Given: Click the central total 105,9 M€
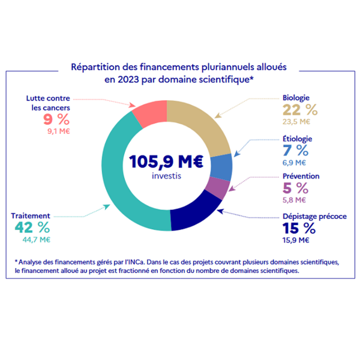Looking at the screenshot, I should pyautogui.click(x=167, y=162).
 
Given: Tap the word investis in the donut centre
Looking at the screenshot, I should pyautogui.click(x=167, y=177).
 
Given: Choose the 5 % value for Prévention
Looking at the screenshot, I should pyautogui.click(x=295, y=188).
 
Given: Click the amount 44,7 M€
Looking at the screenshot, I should pyautogui.click(x=36, y=240).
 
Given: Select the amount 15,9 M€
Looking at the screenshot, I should pyautogui.click(x=295, y=240).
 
